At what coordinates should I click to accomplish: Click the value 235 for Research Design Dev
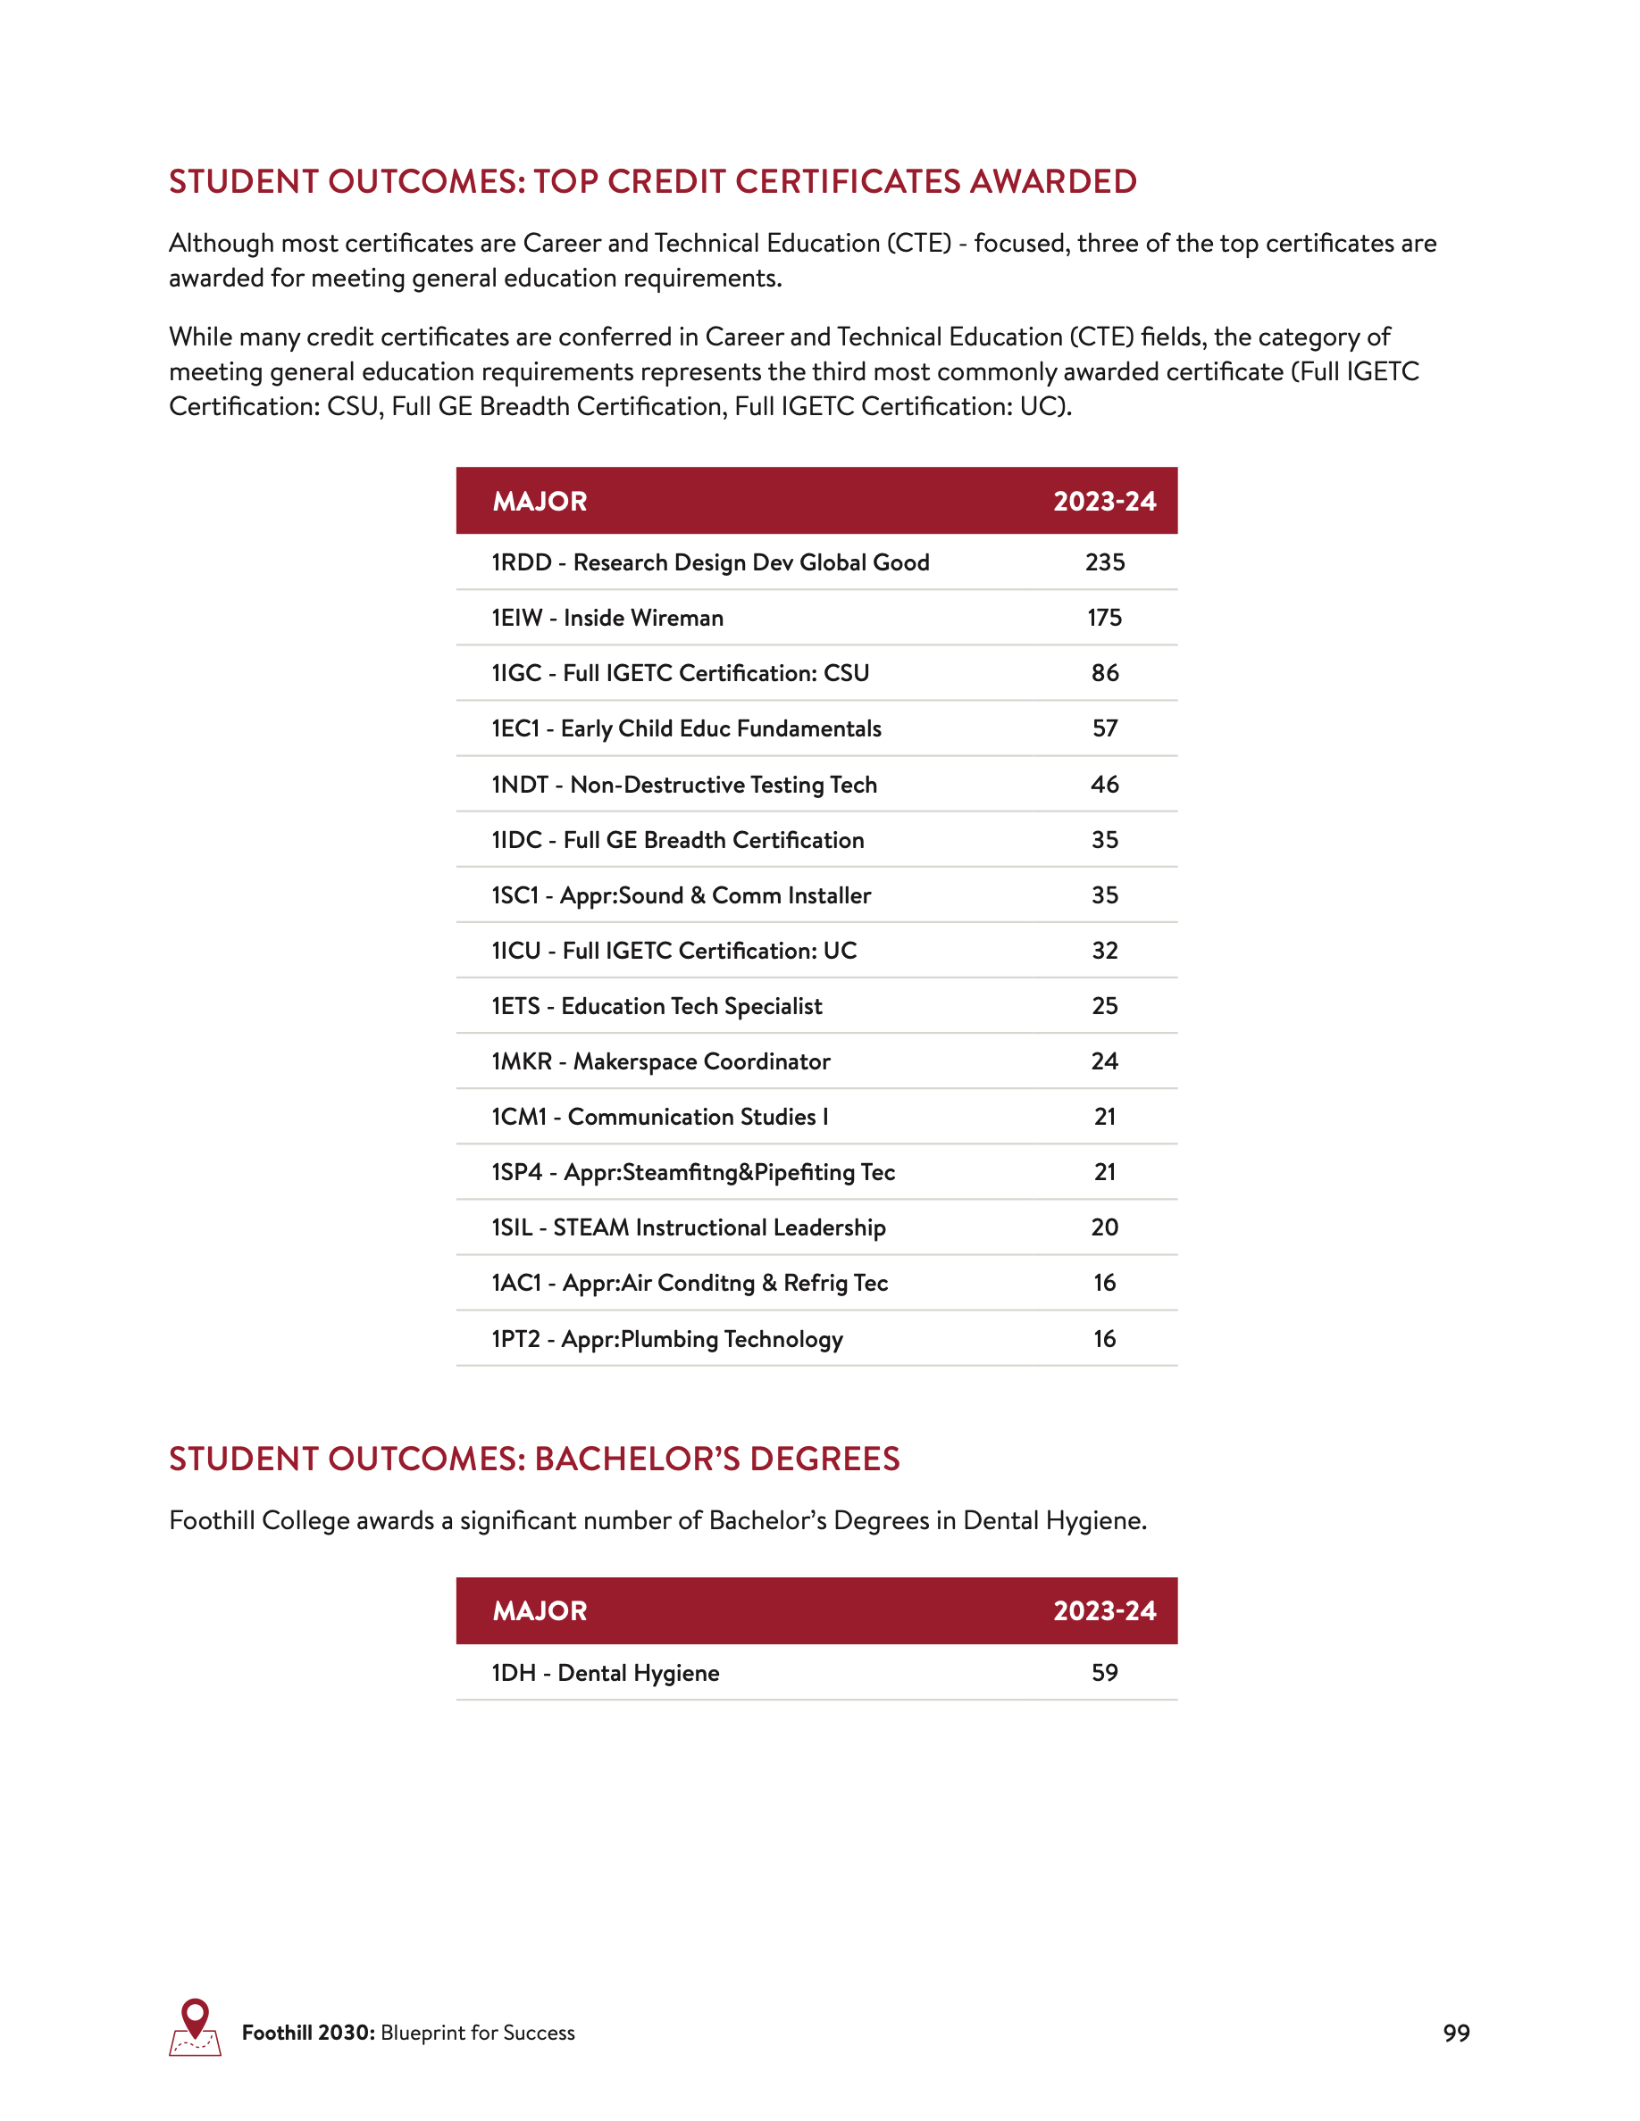(1105, 562)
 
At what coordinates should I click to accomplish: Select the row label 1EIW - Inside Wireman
(607, 618)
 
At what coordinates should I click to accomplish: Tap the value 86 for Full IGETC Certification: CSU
(1105, 673)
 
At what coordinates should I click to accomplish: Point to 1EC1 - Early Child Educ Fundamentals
(686, 728)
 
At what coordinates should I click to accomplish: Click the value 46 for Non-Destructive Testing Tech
(1105, 784)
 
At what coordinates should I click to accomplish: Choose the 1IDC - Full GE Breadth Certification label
(677, 840)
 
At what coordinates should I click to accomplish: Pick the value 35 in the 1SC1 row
(1105, 895)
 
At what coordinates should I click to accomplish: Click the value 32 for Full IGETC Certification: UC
(1105, 951)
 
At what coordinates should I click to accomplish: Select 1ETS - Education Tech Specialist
(657, 1006)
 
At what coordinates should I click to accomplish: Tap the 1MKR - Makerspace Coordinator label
(661, 1061)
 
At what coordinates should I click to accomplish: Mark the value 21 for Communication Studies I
(1105, 1117)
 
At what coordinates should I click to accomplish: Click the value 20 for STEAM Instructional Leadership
(1105, 1227)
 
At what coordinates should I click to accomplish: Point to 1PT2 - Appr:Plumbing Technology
(666, 1339)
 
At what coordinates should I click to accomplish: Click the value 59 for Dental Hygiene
(1105, 1672)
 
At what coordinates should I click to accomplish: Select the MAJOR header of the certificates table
(540, 501)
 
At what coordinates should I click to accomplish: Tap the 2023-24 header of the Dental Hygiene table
(1105, 1611)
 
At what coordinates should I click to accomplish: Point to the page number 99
(1455, 2033)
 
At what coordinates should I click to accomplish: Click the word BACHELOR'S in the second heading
(635, 1459)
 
